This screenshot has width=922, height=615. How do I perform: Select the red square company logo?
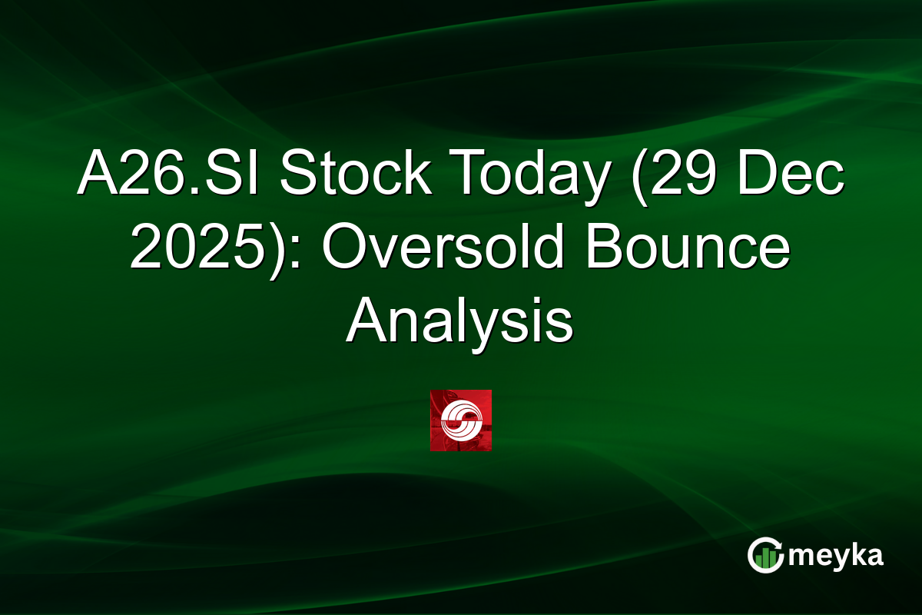point(460,421)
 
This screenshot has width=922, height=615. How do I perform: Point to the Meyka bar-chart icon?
point(764,555)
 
